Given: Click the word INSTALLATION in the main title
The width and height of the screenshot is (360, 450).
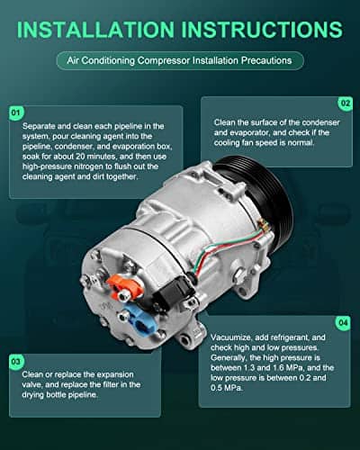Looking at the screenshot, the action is click(x=95, y=30).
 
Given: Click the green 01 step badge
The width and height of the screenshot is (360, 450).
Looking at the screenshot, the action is click(x=16, y=112).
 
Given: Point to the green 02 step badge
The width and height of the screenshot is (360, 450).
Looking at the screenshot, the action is click(x=346, y=103).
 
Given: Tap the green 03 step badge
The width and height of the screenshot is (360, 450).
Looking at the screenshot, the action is click(x=16, y=362).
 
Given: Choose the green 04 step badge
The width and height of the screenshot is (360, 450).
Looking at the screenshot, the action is click(x=343, y=323).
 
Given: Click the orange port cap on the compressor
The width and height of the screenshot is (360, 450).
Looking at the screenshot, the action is click(x=122, y=288).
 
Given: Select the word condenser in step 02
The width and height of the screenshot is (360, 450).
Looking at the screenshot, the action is click(x=320, y=122).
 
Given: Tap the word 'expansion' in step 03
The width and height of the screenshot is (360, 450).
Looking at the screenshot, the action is click(x=115, y=375).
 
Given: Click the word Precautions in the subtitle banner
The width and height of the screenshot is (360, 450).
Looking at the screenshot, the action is click(x=266, y=60).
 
